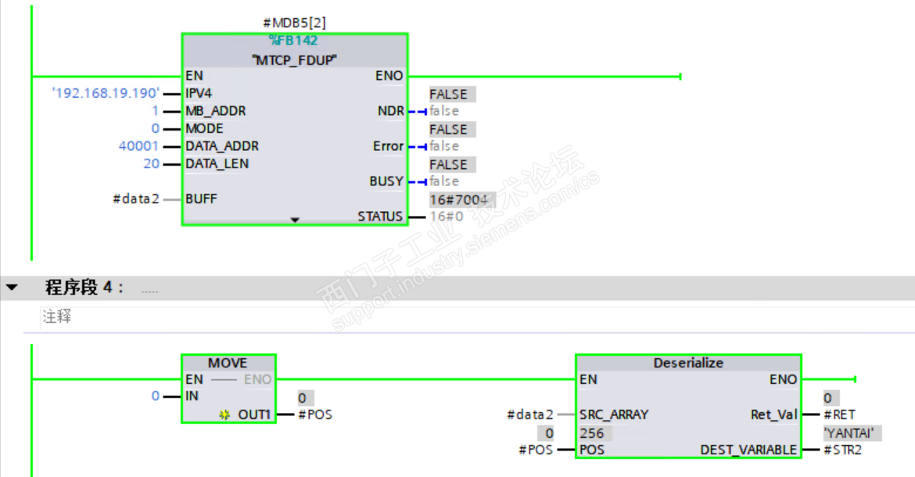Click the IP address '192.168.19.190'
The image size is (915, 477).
106,94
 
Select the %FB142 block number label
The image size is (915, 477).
294,41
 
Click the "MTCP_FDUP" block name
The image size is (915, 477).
294,59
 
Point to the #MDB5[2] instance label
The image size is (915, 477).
294,23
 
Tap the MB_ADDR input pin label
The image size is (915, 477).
215,111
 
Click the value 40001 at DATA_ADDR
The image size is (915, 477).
138,146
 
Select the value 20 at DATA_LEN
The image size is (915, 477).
151,163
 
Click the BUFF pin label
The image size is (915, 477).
201,199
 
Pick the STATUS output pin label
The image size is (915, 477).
380,217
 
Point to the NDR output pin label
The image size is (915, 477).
390,111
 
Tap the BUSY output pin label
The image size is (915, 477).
386,181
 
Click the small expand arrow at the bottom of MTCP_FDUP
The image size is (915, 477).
295,221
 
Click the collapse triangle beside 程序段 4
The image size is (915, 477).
12,288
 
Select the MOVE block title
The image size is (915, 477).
228,363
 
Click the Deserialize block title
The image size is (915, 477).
688,363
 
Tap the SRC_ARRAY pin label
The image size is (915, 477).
614,414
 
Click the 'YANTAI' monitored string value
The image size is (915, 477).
849,432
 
